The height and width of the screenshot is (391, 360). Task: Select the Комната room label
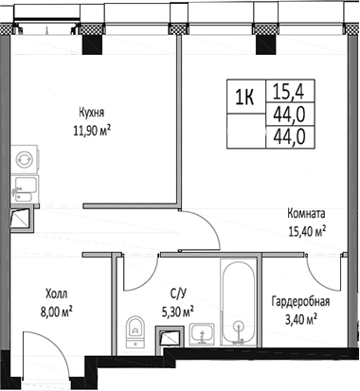pos(308,214)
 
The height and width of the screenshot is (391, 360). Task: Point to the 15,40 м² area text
pos(308,230)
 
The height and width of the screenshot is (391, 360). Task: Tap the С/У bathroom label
pos(176,293)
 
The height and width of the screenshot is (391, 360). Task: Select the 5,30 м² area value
pos(176,310)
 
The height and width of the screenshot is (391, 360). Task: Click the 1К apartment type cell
pos(243,95)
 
